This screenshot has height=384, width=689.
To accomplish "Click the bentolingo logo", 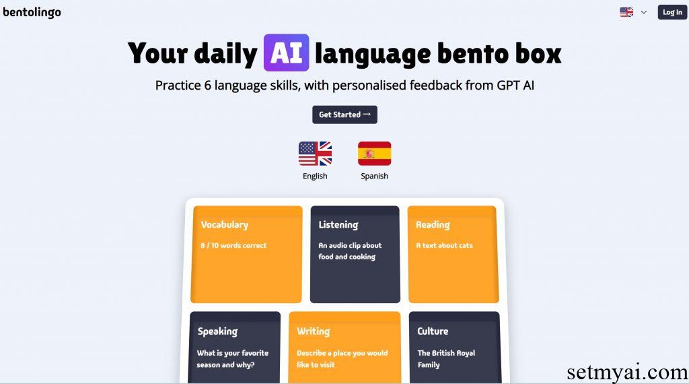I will (x=32, y=12).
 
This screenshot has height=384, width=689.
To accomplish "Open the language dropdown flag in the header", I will (x=626, y=12).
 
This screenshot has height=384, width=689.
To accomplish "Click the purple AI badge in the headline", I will (x=286, y=53).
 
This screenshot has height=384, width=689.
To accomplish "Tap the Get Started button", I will (x=344, y=115).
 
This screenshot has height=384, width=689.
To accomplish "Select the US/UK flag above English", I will (x=315, y=154).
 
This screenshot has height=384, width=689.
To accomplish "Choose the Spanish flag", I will (x=374, y=154).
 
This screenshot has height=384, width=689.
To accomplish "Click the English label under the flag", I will (x=315, y=176).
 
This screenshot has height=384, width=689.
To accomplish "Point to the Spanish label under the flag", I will (x=374, y=176).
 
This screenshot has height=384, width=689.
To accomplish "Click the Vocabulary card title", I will (x=225, y=225).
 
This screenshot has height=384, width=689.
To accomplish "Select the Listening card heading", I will (x=338, y=225).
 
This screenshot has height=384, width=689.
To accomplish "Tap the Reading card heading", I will (x=433, y=225).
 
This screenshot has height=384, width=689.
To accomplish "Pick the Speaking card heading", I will (x=217, y=331).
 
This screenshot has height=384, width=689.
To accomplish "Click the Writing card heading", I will (x=314, y=331).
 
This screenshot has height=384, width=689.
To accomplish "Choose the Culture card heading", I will (x=433, y=331).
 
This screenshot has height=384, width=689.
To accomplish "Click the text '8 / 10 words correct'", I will (x=233, y=246).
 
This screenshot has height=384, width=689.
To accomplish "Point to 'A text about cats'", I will (x=444, y=246).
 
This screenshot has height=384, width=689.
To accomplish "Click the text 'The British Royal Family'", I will (x=446, y=358).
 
